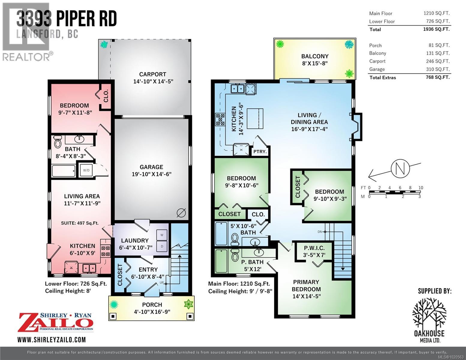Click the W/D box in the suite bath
click(x=86, y=170)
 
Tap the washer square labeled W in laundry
click(x=162, y=235)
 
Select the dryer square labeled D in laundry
click(x=162, y=246)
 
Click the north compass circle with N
click(x=400, y=169)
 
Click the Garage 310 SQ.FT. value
click(x=439, y=69)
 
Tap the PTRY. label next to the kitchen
click(x=260, y=151)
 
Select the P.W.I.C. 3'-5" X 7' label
click(x=314, y=252)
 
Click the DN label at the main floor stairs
click(x=320, y=232)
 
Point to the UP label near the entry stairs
click(x=161, y=283)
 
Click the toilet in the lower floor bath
click(x=57, y=142)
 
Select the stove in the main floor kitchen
click(x=220, y=119)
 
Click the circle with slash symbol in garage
click(x=181, y=213)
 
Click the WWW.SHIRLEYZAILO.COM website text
click(x=52, y=340)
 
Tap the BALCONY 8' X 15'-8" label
click(x=314, y=59)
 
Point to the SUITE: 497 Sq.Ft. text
click(x=80, y=223)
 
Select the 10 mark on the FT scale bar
click(x=421, y=188)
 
